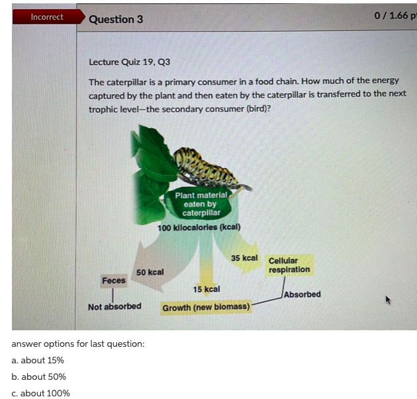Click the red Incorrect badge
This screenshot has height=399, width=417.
click(47, 17)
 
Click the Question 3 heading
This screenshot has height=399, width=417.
click(116, 19)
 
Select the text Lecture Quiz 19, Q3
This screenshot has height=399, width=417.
click(129, 62)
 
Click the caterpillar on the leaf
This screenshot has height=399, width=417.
click(207, 170)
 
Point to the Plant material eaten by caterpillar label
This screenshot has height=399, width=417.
click(202, 204)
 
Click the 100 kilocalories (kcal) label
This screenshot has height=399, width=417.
click(199, 228)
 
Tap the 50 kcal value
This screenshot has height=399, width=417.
click(150, 272)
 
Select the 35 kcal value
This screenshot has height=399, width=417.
click(245, 257)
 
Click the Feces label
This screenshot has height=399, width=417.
click(114, 281)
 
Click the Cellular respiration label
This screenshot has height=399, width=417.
click(289, 266)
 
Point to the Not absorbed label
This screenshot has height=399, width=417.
click(114, 307)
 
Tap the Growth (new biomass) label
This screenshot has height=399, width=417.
click(206, 307)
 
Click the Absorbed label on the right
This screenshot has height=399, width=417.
click(303, 294)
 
